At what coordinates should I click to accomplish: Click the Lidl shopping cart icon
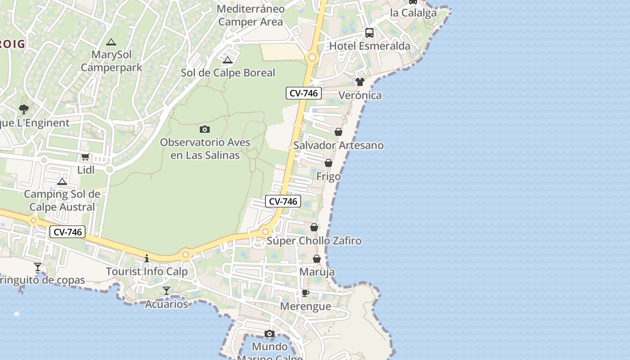pos(85,157)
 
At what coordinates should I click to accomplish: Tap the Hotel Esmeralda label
pos(370,46)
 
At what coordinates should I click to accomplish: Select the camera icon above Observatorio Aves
pos(205,130)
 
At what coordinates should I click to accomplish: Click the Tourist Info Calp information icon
pos(147,258)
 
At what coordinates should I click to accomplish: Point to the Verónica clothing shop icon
pos(360,82)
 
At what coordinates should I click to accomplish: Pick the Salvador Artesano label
pos(338,145)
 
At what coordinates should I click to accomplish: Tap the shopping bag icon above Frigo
pos(328,163)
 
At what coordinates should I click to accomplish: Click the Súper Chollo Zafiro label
pos(314,241)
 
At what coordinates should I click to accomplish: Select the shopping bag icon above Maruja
pos(317,259)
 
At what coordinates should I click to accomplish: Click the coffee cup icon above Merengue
pos(306,293)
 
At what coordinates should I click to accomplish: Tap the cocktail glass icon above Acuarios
pos(166,291)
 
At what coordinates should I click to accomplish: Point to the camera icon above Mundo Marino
pos(270,333)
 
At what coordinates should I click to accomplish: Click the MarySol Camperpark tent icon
pos(111,42)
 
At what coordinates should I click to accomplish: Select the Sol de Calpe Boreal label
pos(228,73)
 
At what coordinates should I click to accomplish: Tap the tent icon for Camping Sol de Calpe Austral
pos(62,181)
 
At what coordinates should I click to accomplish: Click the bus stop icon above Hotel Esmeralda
pos(369,32)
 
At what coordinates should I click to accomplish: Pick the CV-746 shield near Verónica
pos(304,94)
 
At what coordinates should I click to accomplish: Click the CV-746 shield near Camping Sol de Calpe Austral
pos(67,232)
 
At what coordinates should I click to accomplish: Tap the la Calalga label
pos(414,13)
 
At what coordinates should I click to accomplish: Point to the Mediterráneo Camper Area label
pos(251,15)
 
